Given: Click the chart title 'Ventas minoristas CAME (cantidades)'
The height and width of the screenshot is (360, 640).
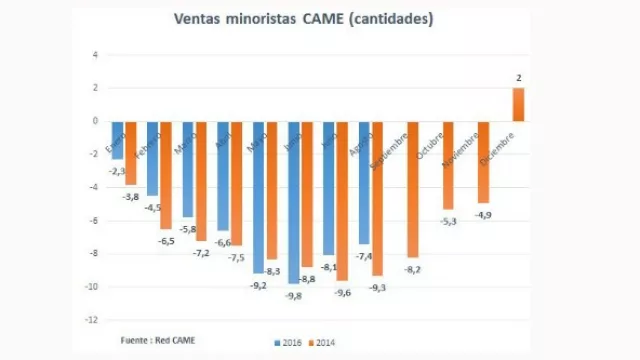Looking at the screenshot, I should click(303, 19).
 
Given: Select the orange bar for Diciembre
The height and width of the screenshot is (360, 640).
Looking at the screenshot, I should click(518, 104).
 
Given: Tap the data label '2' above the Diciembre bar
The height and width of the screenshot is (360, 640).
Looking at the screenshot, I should click(518, 77).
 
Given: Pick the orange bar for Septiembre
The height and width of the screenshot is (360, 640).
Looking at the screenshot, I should click(411, 190).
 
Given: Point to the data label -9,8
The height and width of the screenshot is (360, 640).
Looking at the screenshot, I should click(291, 296).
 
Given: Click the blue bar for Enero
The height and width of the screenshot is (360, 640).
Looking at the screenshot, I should click(117, 140).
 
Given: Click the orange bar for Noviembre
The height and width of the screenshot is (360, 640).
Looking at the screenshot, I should click(483, 162).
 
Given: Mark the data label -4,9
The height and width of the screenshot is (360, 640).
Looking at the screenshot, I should click(483, 215).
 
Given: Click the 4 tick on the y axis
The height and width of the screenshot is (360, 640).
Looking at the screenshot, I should click(94, 55).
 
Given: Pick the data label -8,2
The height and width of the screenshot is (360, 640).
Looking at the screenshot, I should click(411, 270).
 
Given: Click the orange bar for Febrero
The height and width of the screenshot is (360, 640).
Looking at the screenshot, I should click(165, 175).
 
